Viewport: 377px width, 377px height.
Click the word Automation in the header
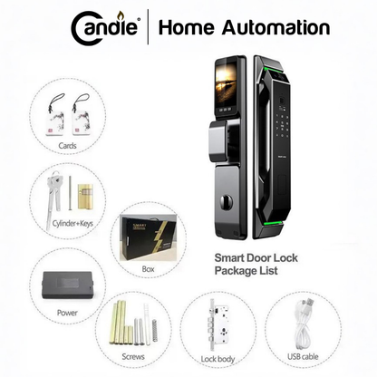pyautogui.click(x=275, y=27)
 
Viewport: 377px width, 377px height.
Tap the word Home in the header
pyautogui.click(x=187, y=27)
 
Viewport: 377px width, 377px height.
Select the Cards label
pyautogui.click(x=67, y=146)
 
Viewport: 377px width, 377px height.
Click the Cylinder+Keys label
pyautogui.click(x=72, y=224)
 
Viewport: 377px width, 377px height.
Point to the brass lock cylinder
pyautogui.click(x=85, y=197)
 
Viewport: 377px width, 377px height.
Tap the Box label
pyautogui.click(x=148, y=269)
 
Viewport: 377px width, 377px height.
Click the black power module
pyautogui.click(x=67, y=285)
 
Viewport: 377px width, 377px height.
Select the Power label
pyautogui.click(x=67, y=313)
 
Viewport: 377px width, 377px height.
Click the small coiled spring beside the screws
pyautogui.click(x=155, y=330)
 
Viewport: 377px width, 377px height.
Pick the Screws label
pyautogui.click(x=133, y=356)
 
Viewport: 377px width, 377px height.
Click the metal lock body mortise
pyautogui.click(x=218, y=324)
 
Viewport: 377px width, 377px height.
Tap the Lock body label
pyautogui.click(x=217, y=359)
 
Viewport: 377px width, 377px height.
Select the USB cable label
pyautogui.click(x=303, y=356)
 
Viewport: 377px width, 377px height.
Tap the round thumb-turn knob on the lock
pyautogui.click(x=227, y=201)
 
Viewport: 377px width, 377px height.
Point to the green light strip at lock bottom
pyautogui.click(x=273, y=224)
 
